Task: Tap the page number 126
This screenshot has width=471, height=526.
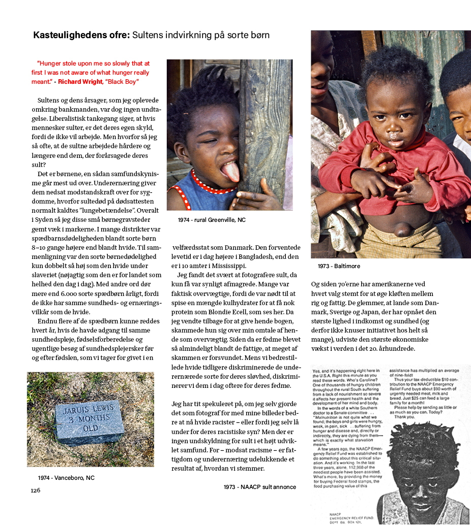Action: point(35,490)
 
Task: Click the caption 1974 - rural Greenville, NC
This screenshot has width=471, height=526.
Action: point(211,220)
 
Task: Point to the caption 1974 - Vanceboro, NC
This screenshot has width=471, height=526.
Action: point(66,478)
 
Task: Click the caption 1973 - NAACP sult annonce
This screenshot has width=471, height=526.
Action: point(259,487)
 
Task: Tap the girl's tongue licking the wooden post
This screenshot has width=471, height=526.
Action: point(230,172)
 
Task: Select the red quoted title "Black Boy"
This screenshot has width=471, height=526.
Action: point(122,82)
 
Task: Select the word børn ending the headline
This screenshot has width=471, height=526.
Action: point(258,36)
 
